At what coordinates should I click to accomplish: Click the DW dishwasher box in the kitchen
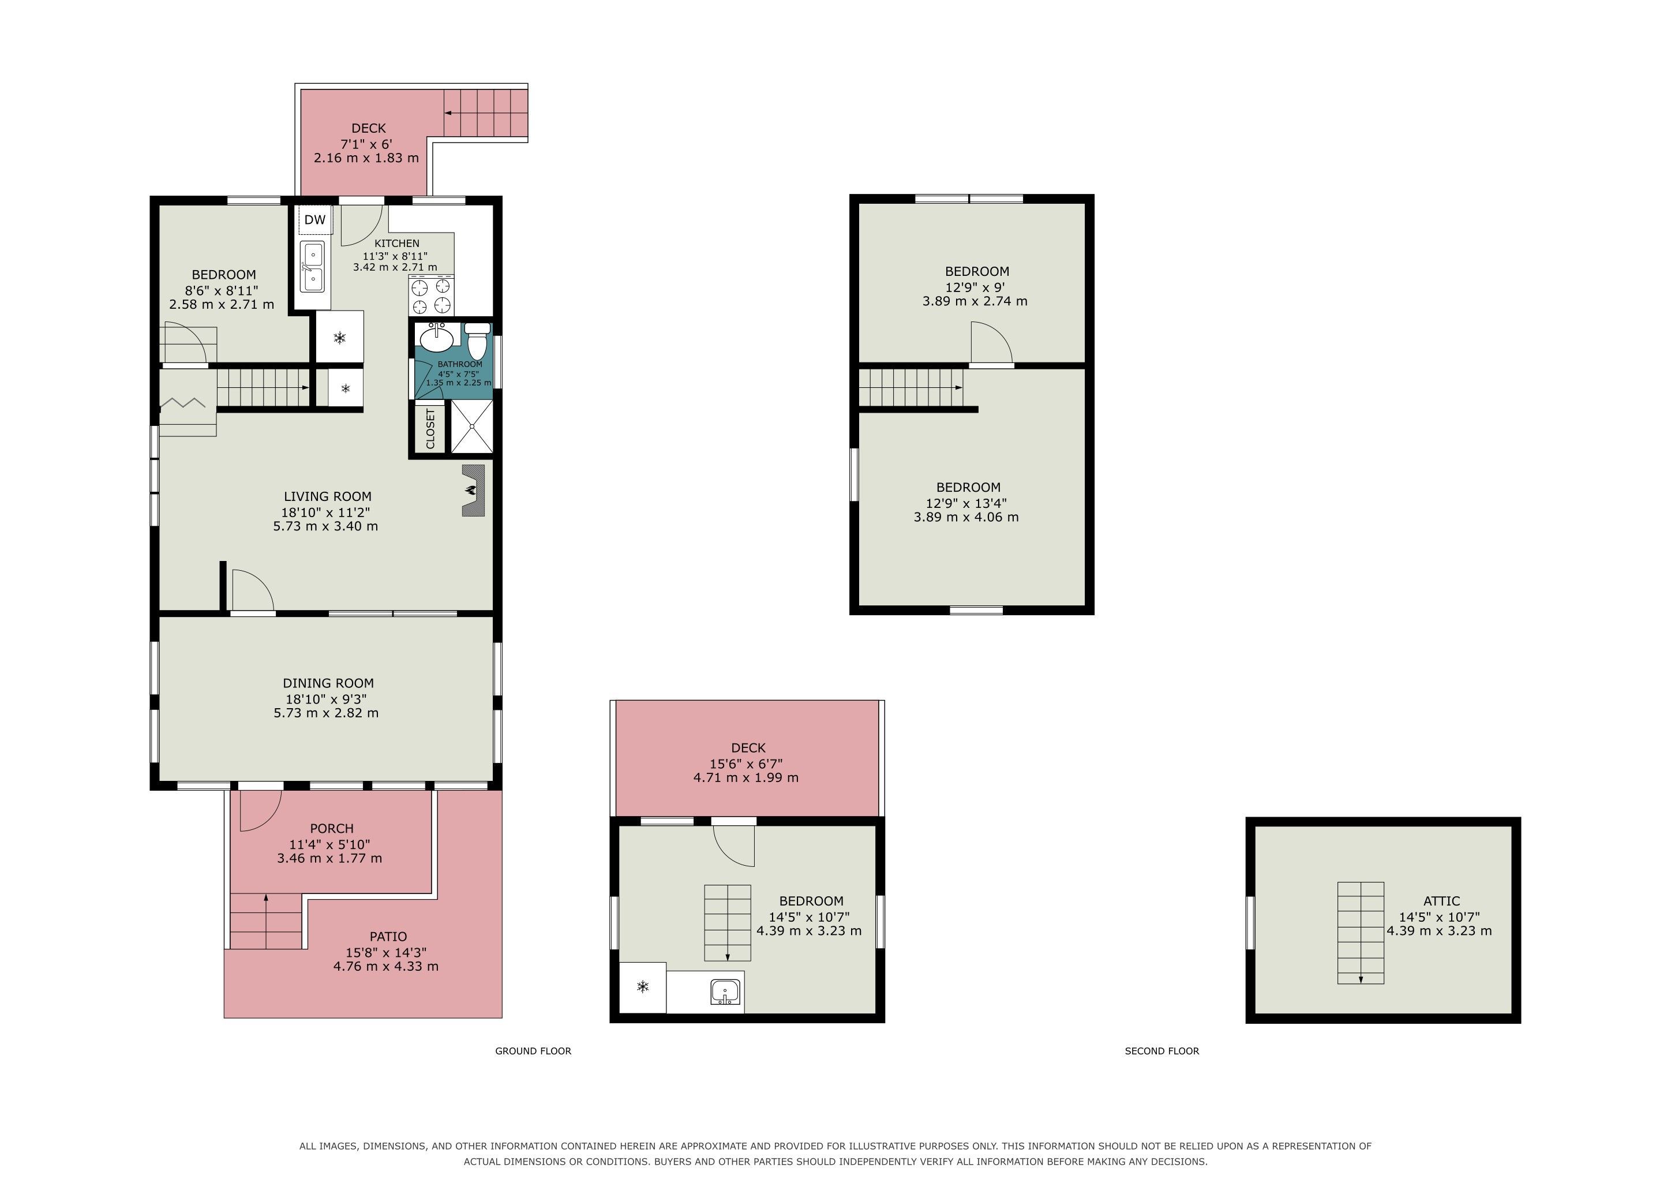click(x=314, y=220)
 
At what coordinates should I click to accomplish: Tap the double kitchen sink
click(x=312, y=267)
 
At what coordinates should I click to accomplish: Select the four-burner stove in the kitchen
click(x=432, y=296)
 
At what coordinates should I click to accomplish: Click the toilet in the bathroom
click(x=477, y=341)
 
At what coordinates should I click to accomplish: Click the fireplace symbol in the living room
click(x=474, y=491)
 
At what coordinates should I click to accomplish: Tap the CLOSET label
click(x=430, y=429)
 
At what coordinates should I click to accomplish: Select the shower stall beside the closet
click(x=471, y=427)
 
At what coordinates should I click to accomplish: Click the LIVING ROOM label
click(x=328, y=496)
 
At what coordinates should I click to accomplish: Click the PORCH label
click(x=332, y=828)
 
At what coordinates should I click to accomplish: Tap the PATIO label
click(x=388, y=937)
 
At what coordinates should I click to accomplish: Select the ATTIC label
click(x=1442, y=901)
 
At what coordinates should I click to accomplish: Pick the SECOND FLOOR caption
click(x=1162, y=1051)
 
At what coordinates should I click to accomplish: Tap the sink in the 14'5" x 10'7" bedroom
click(x=726, y=993)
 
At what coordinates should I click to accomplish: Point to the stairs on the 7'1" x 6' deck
click(x=485, y=113)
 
